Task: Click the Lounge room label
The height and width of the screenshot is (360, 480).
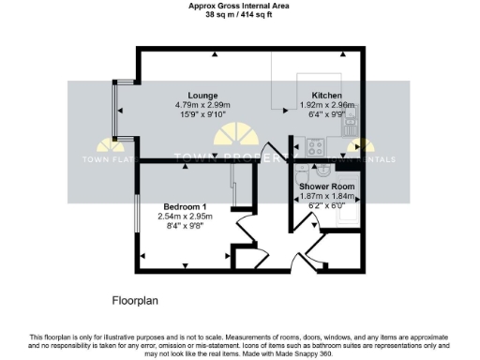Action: coord(202,96)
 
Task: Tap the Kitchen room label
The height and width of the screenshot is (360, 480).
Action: coord(326,96)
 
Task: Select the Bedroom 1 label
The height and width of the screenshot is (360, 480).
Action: coord(185,206)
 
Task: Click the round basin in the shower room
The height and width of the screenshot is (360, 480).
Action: coord(324,170)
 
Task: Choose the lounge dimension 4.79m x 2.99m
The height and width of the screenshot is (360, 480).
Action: coord(202,105)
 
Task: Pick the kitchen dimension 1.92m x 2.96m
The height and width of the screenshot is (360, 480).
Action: coord(326,105)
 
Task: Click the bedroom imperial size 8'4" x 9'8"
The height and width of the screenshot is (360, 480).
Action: coord(185,226)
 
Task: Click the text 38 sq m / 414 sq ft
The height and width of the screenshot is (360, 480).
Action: coord(240,15)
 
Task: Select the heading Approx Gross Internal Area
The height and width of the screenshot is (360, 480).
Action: coord(240,6)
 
